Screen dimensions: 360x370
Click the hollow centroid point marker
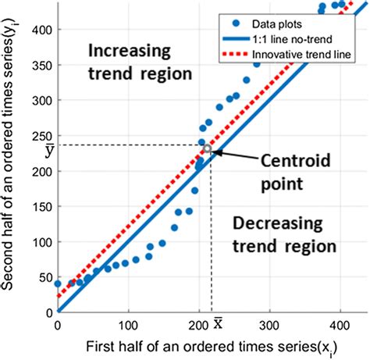(x=207, y=148)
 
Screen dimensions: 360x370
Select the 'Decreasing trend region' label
(x=284, y=233)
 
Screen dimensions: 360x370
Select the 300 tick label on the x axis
(x=269, y=322)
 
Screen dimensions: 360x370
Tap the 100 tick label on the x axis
(x=128, y=322)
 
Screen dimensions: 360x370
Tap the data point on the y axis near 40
(x=58, y=284)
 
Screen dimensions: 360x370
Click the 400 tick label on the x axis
(x=340, y=322)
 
